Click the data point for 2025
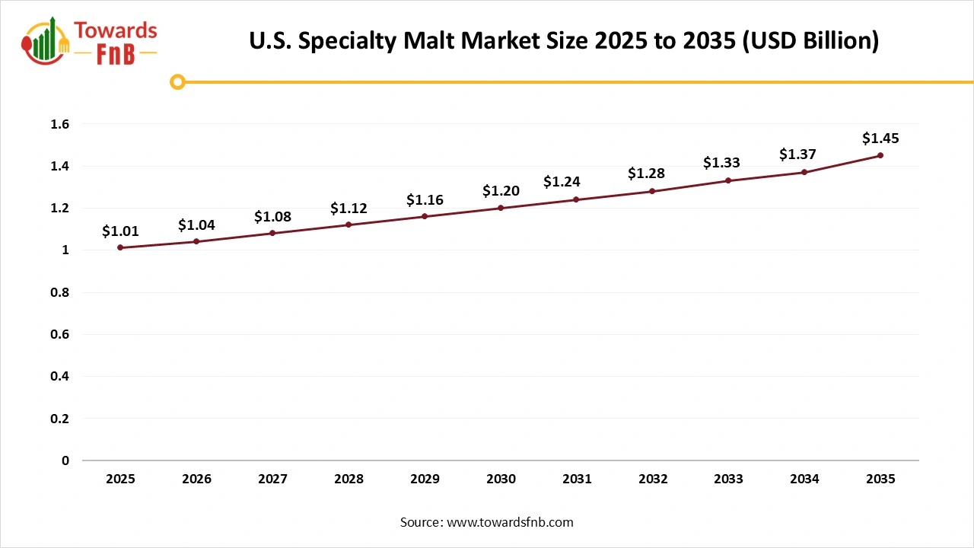120,247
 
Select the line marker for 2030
501,208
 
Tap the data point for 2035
880,155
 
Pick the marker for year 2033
728,180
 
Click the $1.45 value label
880,139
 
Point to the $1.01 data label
120,231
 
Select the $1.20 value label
501,191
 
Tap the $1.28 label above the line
646,174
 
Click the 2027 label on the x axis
272,479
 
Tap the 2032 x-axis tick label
653,479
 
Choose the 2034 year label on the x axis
804,479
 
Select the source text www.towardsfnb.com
509,522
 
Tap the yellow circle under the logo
177,81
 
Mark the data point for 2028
349,225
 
